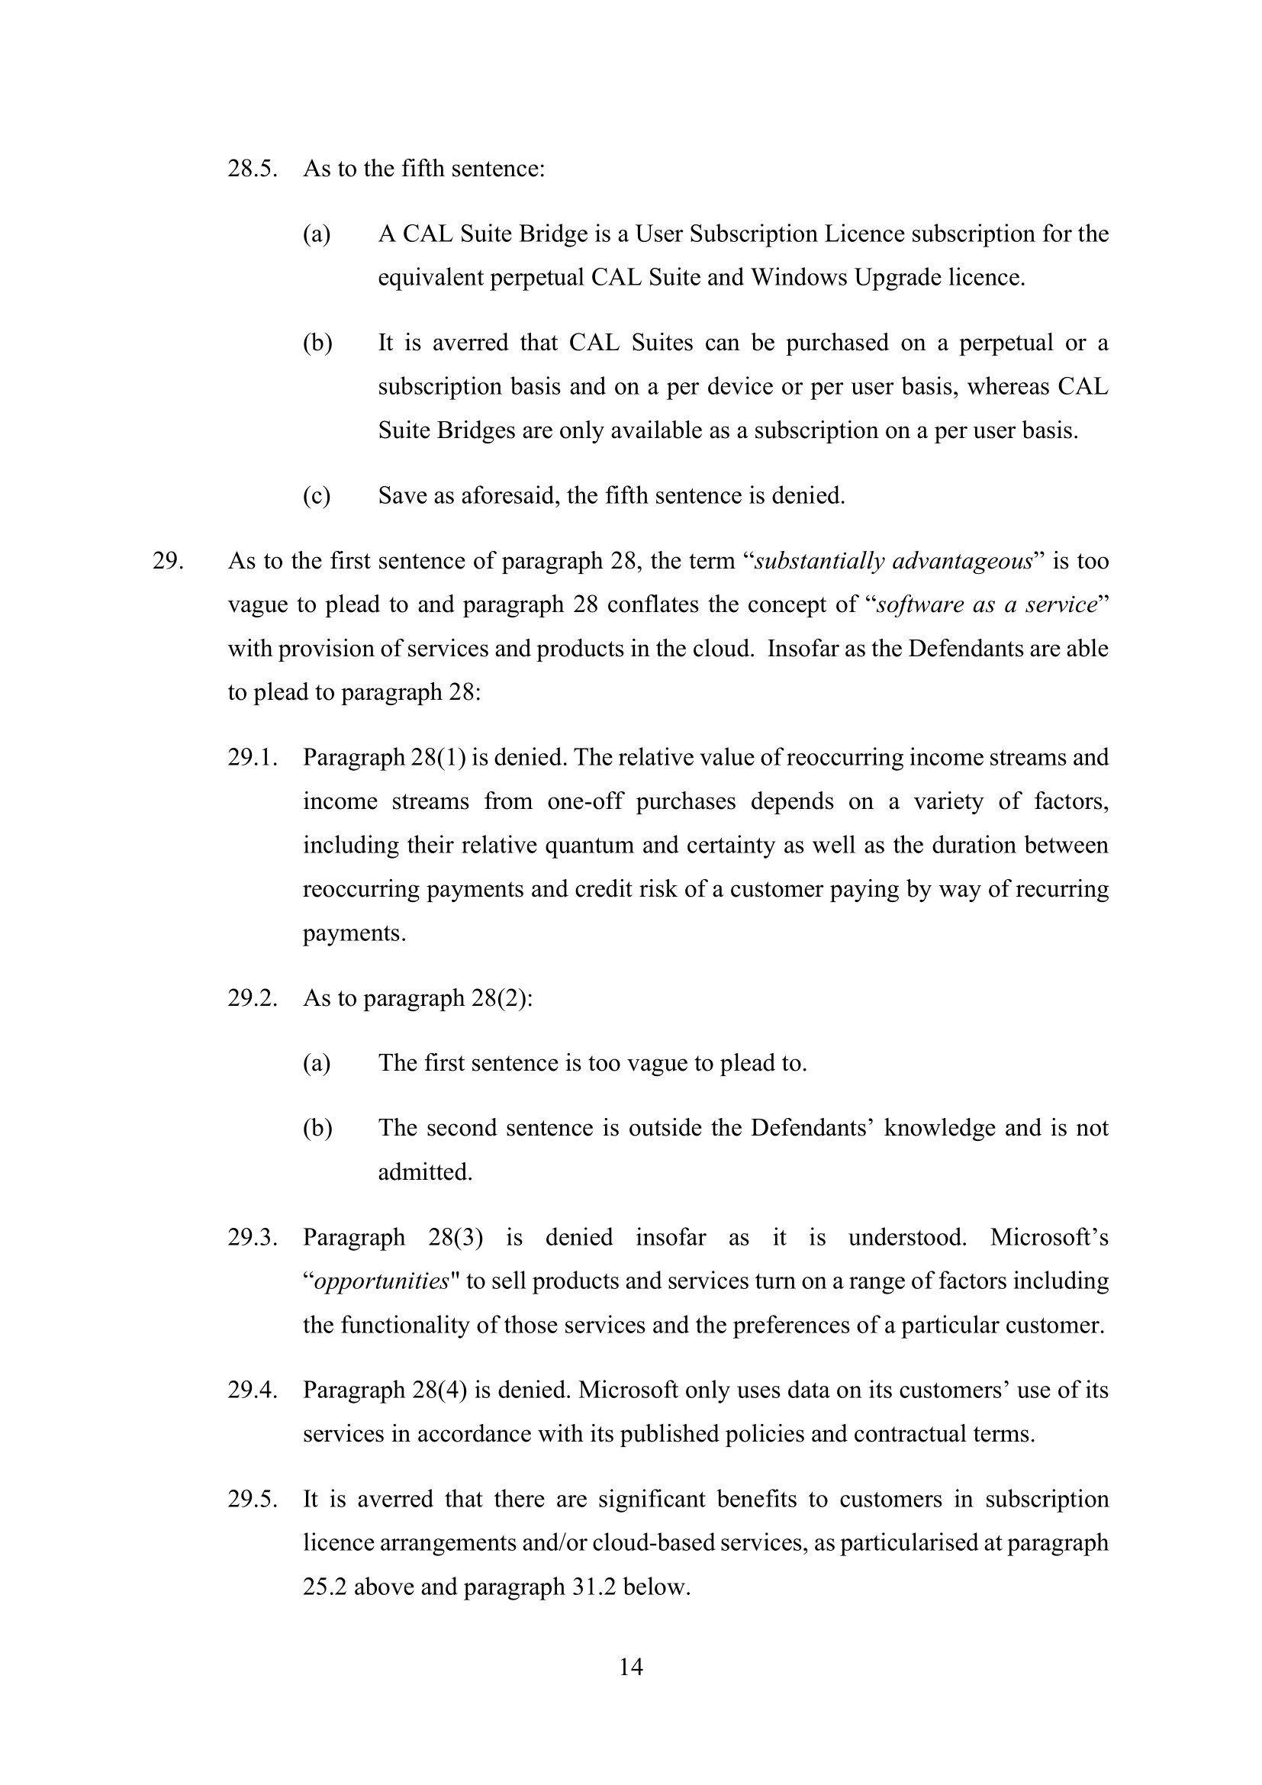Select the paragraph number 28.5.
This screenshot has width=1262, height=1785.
pos(253,169)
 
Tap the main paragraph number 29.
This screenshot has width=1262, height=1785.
pos(168,561)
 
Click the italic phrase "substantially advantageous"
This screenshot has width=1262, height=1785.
pos(893,561)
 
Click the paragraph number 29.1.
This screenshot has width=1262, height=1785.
pos(253,757)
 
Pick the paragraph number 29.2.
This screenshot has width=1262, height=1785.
pos(253,997)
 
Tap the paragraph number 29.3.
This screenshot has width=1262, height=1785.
pos(253,1237)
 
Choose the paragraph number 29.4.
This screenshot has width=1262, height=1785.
pos(253,1389)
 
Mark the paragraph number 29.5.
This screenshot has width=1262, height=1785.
pos(253,1499)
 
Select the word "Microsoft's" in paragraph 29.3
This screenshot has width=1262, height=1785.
pos(1049,1237)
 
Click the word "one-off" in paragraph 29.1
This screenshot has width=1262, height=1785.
pos(585,801)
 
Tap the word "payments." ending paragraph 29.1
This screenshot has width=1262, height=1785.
pos(354,932)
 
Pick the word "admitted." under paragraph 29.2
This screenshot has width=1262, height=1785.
pos(425,1171)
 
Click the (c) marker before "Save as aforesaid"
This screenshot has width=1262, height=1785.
pos(317,495)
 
